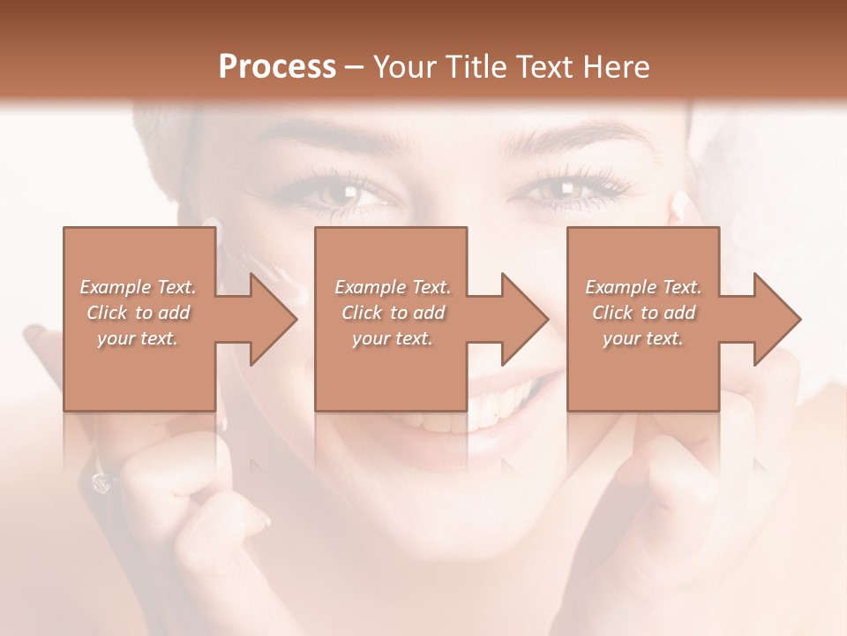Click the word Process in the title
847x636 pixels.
point(277,67)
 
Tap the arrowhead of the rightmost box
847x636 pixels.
point(776,319)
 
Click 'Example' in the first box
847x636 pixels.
point(115,287)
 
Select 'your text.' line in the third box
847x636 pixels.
point(642,338)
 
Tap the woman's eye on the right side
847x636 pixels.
point(553,188)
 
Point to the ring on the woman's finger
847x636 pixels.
point(101,481)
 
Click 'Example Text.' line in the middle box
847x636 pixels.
point(392,287)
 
